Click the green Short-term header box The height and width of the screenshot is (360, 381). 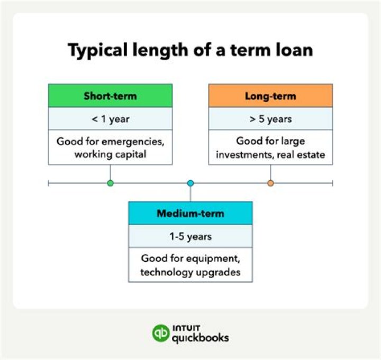point(110,96)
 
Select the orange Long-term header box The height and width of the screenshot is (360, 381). point(270,96)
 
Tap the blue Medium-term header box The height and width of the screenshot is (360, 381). point(190,214)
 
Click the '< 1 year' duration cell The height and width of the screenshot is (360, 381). point(110,119)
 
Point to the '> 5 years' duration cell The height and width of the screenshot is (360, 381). point(270,119)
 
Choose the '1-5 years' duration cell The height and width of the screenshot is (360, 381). point(190,236)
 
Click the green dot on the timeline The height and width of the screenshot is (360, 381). point(110,183)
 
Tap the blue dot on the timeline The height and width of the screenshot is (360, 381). point(190,183)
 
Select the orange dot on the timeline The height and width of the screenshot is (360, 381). point(270,183)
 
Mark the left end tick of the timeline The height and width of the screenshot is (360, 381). point(49,183)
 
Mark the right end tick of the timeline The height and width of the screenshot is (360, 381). point(332,183)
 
